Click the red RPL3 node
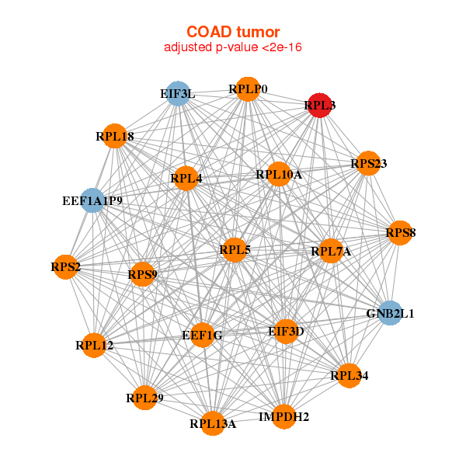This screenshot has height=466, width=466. pyautogui.click(x=320, y=105)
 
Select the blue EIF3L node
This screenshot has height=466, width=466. pyautogui.click(x=179, y=94)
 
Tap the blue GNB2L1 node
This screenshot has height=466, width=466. pyautogui.click(x=389, y=314)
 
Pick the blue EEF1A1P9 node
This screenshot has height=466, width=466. pyautogui.click(x=93, y=201)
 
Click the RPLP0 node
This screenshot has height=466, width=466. pyautogui.click(x=247, y=89)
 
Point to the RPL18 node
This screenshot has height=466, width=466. pyautogui.click(x=115, y=137)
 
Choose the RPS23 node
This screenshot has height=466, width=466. pyautogui.click(x=368, y=163)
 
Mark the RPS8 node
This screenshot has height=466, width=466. pyautogui.click(x=400, y=232)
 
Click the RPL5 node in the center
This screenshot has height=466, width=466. pyautogui.click(x=235, y=249)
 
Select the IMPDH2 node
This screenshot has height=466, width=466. pyautogui.click(x=283, y=417)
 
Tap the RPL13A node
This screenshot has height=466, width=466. pyautogui.click(x=213, y=423)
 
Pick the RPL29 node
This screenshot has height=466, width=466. pyautogui.click(x=144, y=398)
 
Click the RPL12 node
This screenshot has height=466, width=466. pyautogui.click(x=95, y=345)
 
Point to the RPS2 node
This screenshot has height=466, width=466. pyautogui.click(x=66, y=267)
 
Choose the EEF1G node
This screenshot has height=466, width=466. pyautogui.click(x=202, y=336)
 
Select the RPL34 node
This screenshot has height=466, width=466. pyautogui.click(x=349, y=376)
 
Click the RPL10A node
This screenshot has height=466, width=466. pyautogui.click(x=279, y=175)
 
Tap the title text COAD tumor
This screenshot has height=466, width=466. pyautogui.click(x=233, y=32)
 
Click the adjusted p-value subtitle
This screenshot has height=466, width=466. pyautogui.click(x=233, y=47)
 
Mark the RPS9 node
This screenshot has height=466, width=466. pyautogui.click(x=142, y=273)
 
